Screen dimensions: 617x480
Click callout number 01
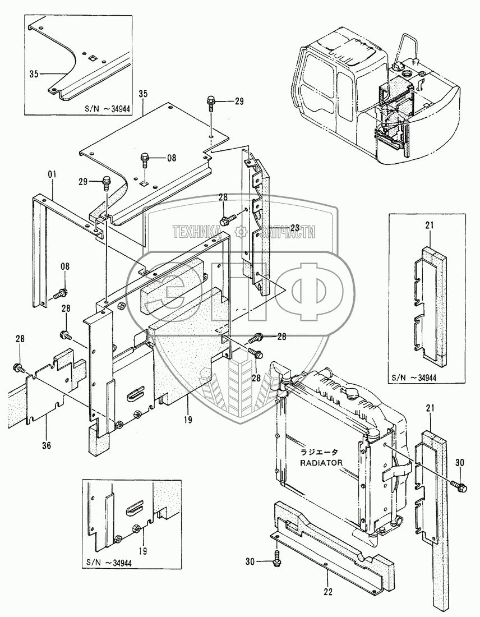(x=53, y=175)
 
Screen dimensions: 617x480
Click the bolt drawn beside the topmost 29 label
(x=210, y=104)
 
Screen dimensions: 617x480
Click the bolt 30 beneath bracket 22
(x=278, y=557)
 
